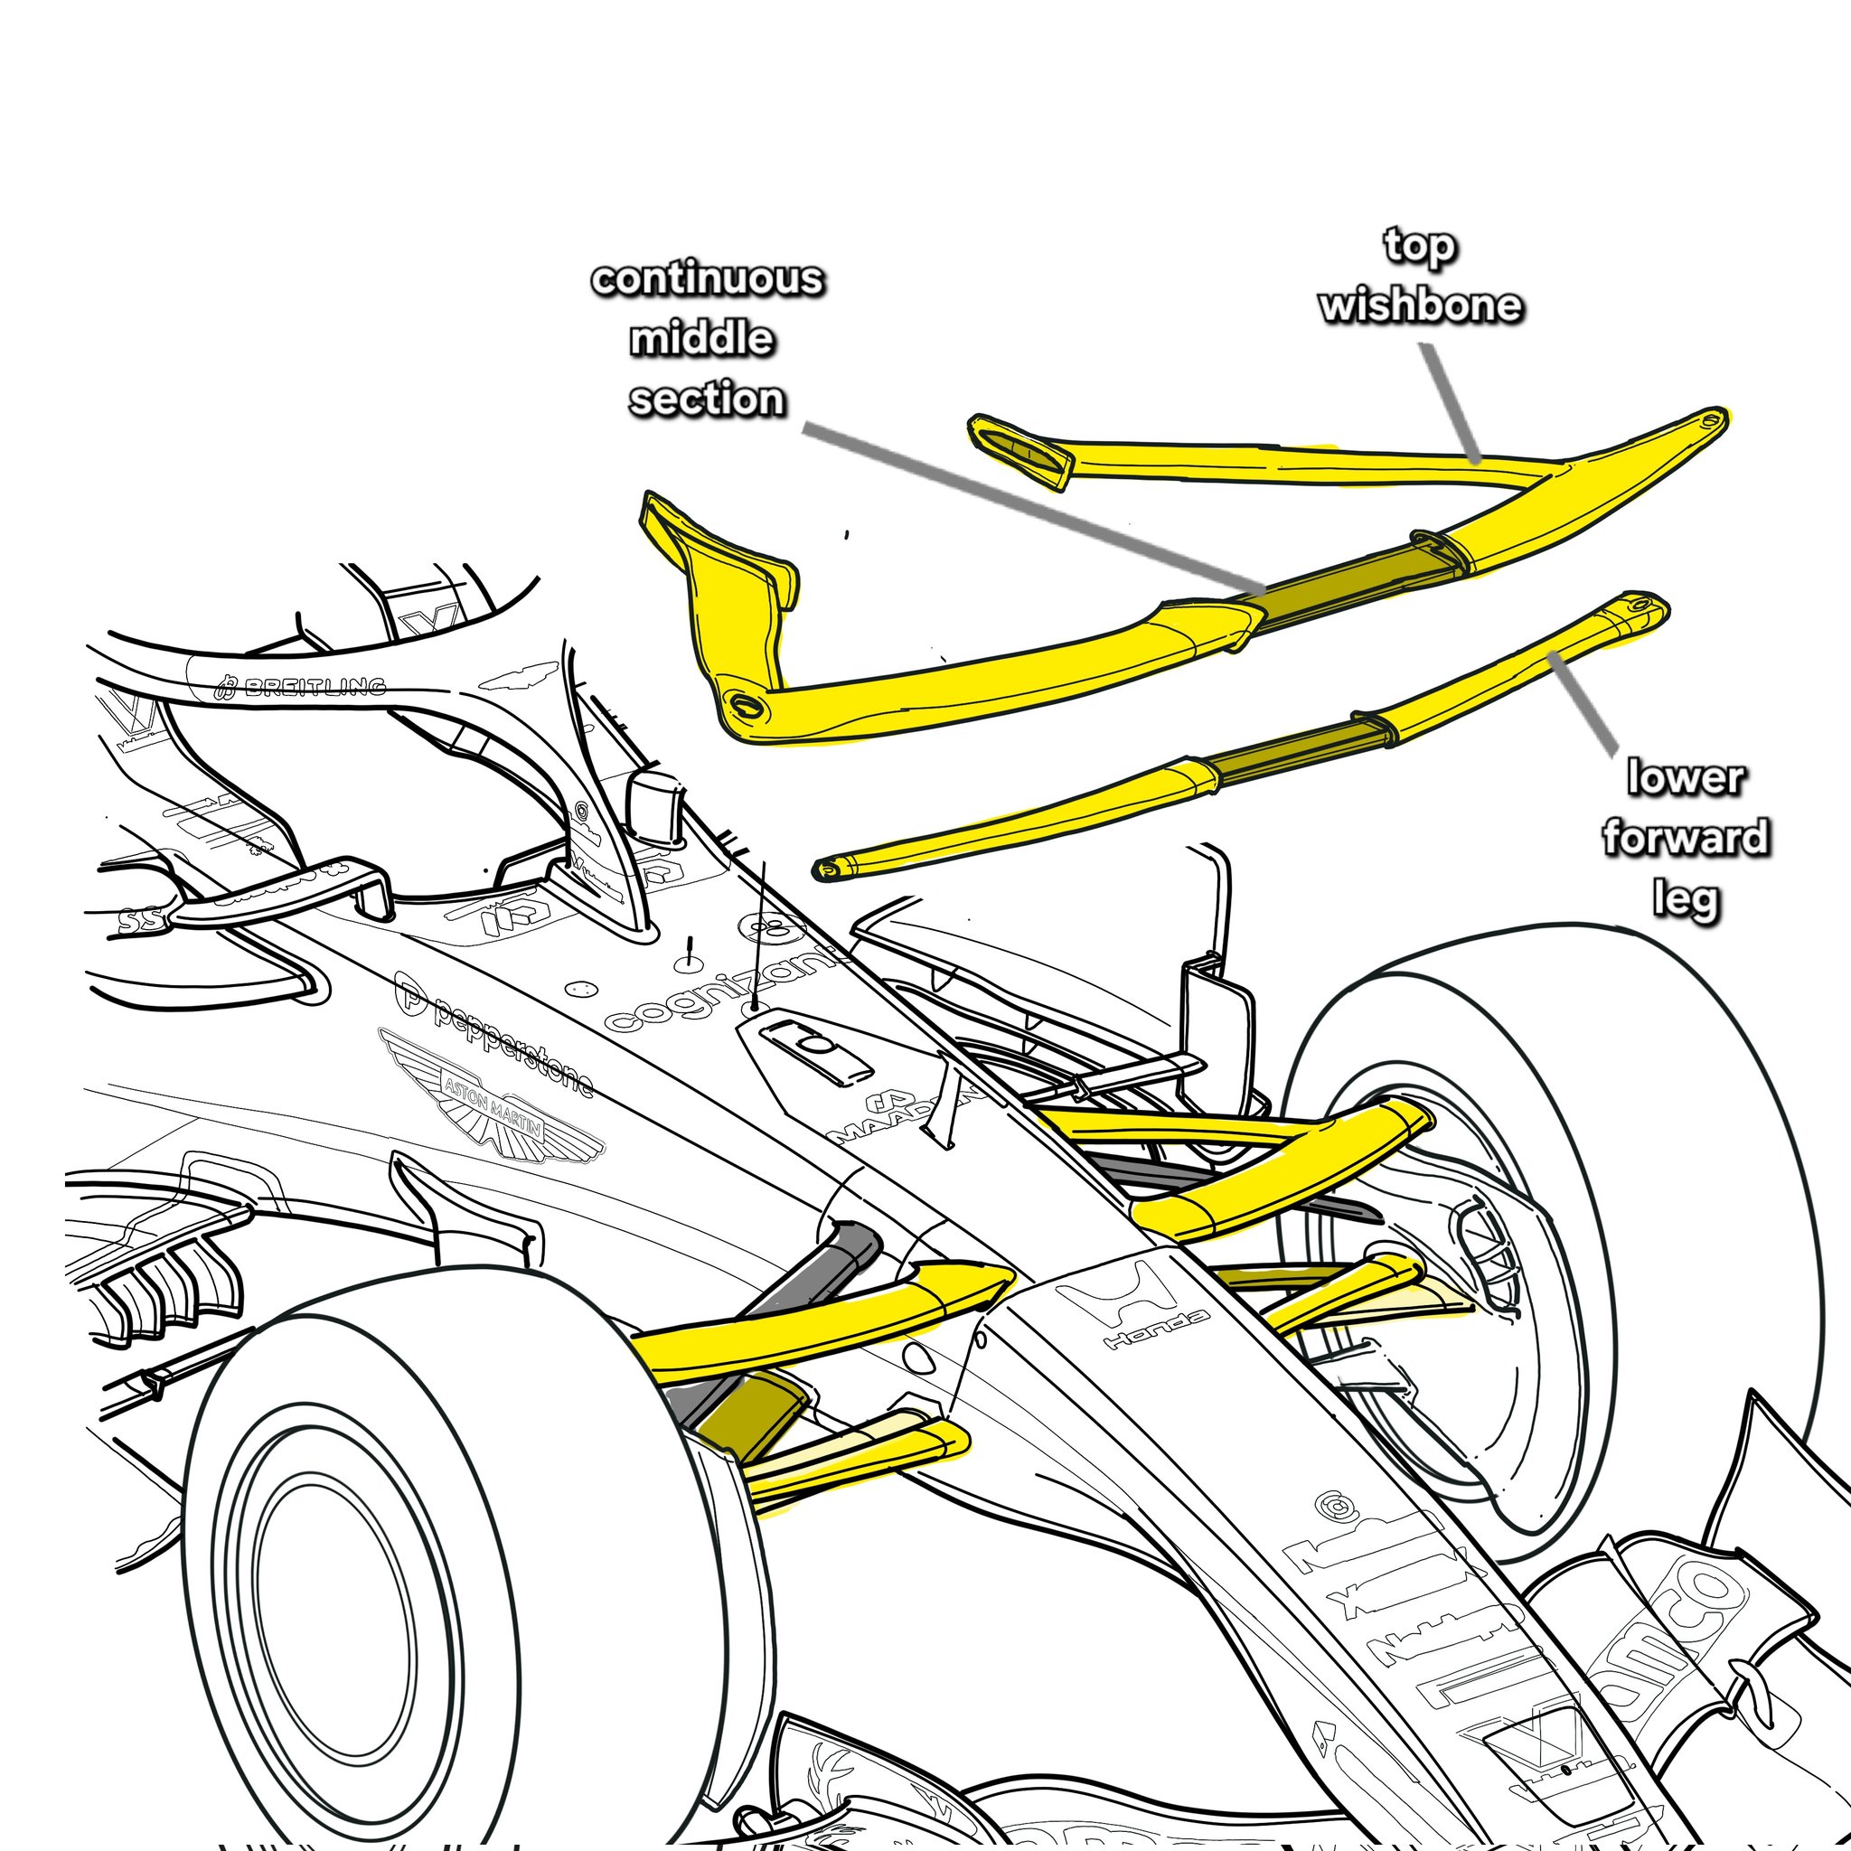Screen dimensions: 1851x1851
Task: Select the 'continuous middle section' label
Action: click(x=707, y=339)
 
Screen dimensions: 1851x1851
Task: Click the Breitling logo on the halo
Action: click(x=303, y=686)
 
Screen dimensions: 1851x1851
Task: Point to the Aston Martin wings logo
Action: click(x=493, y=1102)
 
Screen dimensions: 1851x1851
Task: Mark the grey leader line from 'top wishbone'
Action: click(x=1450, y=402)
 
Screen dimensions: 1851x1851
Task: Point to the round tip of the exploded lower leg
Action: click(x=827, y=869)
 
